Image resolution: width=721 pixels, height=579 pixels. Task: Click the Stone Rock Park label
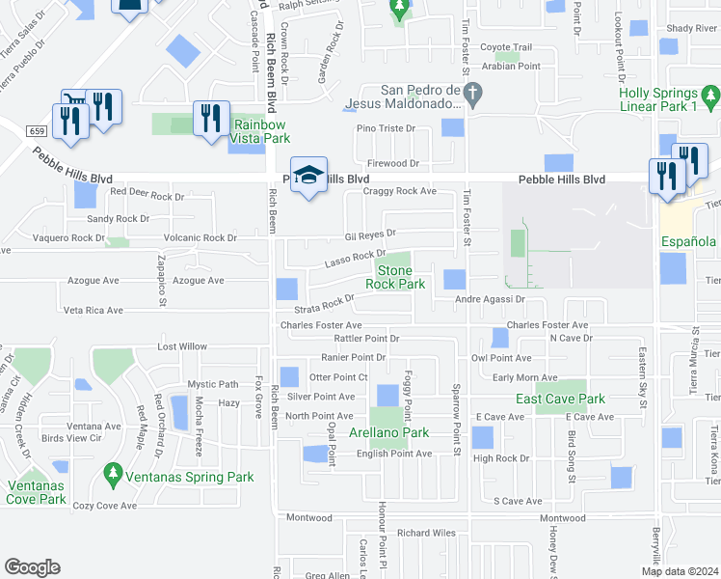point(395,277)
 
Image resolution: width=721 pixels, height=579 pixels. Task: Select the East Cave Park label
point(560,399)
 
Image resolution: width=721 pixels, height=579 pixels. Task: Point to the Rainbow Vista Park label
point(260,131)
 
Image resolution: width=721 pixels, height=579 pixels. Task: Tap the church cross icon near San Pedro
point(471,94)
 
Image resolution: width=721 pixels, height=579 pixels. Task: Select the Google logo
point(32,567)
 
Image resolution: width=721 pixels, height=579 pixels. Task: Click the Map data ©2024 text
point(679,571)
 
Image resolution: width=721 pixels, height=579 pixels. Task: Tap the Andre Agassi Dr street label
point(489,299)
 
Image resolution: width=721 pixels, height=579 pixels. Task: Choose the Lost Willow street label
point(183,345)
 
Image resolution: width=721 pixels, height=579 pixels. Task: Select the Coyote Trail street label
point(506,47)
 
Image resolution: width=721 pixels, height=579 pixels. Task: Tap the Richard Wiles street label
point(426,532)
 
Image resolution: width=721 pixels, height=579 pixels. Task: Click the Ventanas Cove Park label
point(37,492)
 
